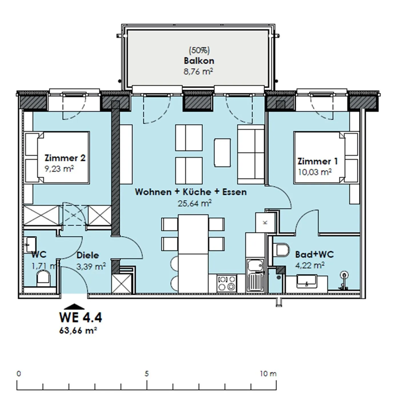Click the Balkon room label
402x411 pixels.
pyautogui.click(x=199, y=61)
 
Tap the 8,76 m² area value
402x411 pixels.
pyautogui.click(x=198, y=71)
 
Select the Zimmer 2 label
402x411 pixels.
pyautogui.click(x=65, y=158)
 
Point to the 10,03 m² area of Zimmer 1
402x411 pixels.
pyautogui.click(x=315, y=172)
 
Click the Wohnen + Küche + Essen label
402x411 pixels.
pyautogui.click(x=191, y=192)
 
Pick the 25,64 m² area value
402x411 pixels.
pyautogui.click(x=195, y=203)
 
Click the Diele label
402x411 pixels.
pyautogui.click(x=87, y=255)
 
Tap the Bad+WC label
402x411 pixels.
pyautogui.click(x=314, y=254)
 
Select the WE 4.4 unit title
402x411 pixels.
pyautogui.click(x=81, y=317)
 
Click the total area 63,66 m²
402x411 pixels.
pyautogui.click(x=78, y=331)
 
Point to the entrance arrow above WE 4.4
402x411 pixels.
pyautogui.click(x=74, y=307)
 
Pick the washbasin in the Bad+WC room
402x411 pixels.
pyautogui.click(x=306, y=281)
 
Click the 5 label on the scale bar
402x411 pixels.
pyautogui.click(x=147, y=374)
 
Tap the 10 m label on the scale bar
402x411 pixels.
pyautogui.click(x=268, y=374)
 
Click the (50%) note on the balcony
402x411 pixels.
pyautogui.click(x=199, y=50)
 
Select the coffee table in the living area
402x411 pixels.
pyautogui.click(x=222, y=152)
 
